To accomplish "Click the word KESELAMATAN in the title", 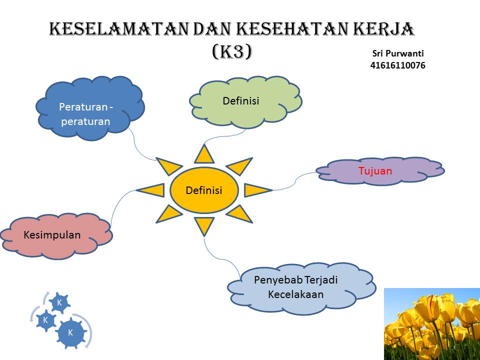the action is (118, 29).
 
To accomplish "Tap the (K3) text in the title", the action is (232, 51).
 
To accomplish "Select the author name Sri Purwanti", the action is (398, 53).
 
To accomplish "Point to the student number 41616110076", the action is (397, 65).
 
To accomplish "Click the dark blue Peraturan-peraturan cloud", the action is (89, 108).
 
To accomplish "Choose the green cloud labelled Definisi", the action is (245, 102).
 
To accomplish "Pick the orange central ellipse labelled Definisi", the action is (204, 190).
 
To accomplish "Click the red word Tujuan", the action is (375, 171).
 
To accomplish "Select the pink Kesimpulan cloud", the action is (56, 235).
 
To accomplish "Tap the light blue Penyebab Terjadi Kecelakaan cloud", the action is (301, 288).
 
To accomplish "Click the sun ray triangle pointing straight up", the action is (204, 154).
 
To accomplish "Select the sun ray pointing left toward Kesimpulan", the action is (150, 190).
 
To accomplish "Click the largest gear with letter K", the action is (71, 332).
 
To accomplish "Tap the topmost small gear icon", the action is (59, 303).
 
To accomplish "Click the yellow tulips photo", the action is (432, 324).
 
